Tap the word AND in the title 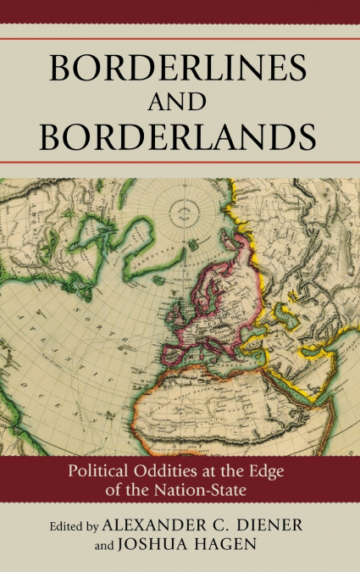pyautogui.click(x=180, y=103)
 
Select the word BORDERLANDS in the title pyautogui.click(x=180, y=137)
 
